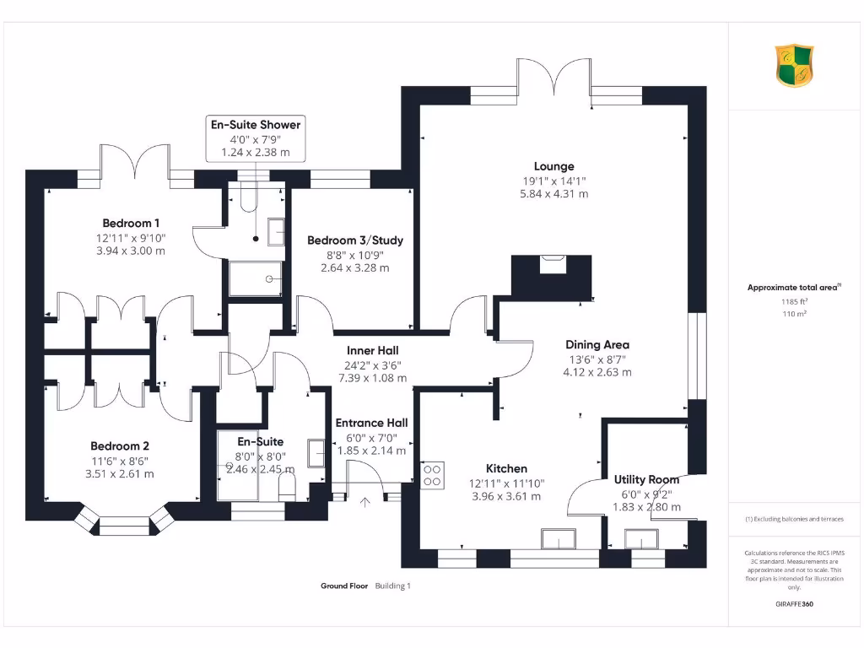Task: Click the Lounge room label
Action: pos(553,166)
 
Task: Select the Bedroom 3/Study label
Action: pos(355,240)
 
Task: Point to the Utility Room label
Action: pos(646,479)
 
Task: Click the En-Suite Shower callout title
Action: pos(255,125)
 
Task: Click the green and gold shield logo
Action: pos(795,67)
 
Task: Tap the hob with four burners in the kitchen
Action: pos(433,475)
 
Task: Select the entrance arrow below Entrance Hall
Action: pos(364,503)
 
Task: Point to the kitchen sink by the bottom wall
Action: pos(558,539)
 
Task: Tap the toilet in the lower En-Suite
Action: pos(288,485)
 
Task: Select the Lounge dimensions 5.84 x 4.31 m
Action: pos(553,194)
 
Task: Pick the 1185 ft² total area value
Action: pos(793,301)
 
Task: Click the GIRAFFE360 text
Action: pos(794,604)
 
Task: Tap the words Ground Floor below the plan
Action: pos(343,586)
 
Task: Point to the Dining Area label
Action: pos(597,344)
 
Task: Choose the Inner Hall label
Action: pos(372,350)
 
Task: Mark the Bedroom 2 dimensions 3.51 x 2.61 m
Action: pos(121,473)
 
